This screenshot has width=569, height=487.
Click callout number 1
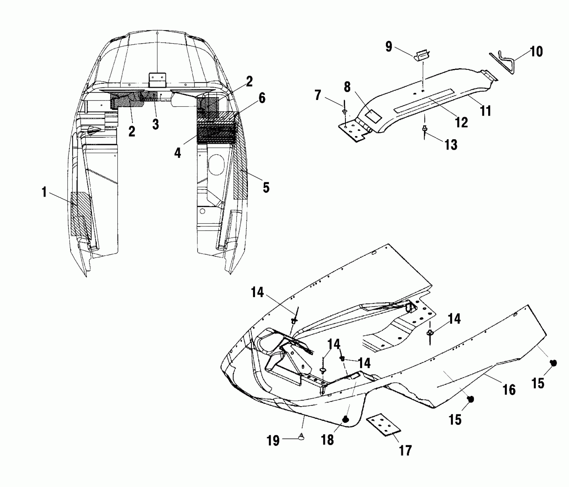[44, 192]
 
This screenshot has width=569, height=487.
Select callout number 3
[156, 125]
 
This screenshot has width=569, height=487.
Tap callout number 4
[178, 153]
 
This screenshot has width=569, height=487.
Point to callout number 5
[266, 188]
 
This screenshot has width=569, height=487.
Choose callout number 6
[262, 98]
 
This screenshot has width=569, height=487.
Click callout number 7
[318, 95]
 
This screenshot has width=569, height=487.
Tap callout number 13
[451, 145]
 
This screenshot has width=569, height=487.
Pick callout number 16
[509, 390]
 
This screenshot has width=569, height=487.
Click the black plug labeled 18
[346, 420]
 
